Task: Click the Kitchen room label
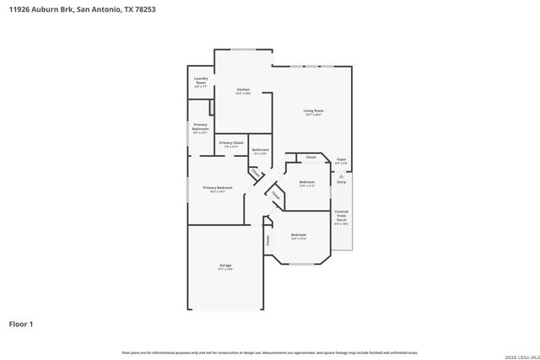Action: click(243, 91)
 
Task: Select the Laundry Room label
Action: click(201, 82)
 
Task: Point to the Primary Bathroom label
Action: click(200, 128)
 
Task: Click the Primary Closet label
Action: click(231, 145)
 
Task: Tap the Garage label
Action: click(225, 267)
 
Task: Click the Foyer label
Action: click(342, 160)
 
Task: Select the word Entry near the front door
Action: click(341, 182)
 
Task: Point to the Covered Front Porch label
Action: click(341, 217)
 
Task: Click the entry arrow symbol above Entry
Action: click(341, 175)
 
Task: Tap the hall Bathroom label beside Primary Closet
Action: click(260, 151)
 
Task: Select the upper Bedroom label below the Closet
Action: click(306, 184)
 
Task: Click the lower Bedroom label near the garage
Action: click(299, 236)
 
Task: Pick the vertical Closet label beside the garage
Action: click(268, 239)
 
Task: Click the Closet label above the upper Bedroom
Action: click(310, 158)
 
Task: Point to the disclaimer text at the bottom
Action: click(269, 352)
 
